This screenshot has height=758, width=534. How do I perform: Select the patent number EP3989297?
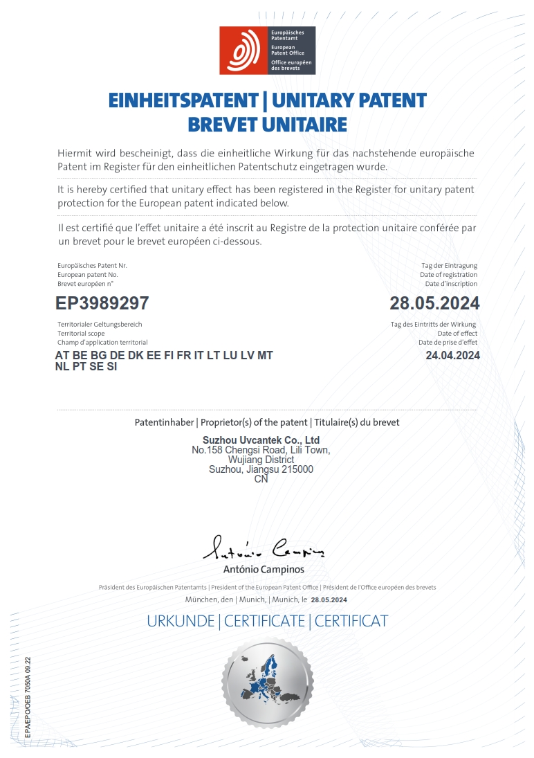click(x=102, y=303)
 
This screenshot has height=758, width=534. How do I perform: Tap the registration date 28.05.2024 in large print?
click(x=434, y=303)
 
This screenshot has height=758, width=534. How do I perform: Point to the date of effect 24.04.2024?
click(x=452, y=356)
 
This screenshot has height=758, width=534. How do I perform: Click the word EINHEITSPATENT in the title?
click(x=184, y=101)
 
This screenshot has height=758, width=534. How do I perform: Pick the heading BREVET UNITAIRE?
click(x=267, y=125)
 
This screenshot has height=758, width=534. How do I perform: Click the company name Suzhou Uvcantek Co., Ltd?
click(x=261, y=440)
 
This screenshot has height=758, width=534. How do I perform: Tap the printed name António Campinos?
click(x=264, y=570)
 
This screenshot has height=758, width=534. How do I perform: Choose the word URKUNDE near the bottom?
click(x=181, y=621)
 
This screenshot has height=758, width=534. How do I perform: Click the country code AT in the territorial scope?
click(x=62, y=356)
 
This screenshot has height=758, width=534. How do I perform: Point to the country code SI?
click(x=111, y=368)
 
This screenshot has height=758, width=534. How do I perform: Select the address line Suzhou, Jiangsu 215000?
click(x=261, y=469)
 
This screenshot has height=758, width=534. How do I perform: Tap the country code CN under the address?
click(x=261, y=479)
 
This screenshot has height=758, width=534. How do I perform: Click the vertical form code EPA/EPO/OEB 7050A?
click(x=27, y=699)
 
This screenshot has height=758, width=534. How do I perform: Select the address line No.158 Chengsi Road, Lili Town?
click(x=261, y=450)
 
